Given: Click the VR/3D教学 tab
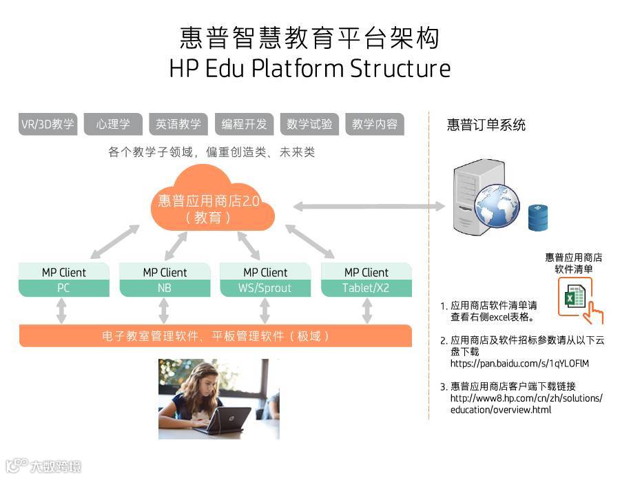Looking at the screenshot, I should coord(48,125).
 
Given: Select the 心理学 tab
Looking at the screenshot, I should coord(113,125).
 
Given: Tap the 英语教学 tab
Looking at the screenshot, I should coord(178,125).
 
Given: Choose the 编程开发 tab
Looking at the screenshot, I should coord(244,125).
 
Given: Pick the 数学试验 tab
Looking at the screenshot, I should coord(309,125).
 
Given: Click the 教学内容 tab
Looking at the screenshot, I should coord(375,125).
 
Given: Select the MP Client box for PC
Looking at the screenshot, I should coord(64,280).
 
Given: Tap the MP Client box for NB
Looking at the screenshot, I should coord(165,280).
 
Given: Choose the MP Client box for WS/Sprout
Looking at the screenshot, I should coord(265,280).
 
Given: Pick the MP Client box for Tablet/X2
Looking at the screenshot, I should coord(366,280).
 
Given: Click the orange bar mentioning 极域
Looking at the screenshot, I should coord(215,336).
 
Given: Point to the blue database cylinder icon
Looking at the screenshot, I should coord(538,218).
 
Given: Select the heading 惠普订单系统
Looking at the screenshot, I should coord(486,125).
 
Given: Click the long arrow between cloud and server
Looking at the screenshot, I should coord(369,205).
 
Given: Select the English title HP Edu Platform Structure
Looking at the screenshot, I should coord(309,69).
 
